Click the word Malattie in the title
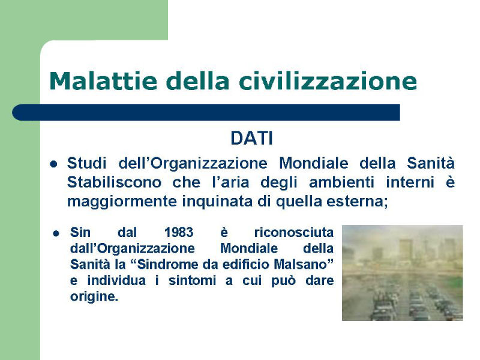103,81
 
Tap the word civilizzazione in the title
328,81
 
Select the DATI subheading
251,139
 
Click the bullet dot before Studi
53,164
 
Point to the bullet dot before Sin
56,233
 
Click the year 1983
179,232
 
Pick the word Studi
86,163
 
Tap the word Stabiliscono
114,182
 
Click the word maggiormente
122,202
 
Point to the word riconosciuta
294,232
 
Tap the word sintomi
192,280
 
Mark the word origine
94,296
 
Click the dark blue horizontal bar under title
206,112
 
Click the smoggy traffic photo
402,273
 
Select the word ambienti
341,182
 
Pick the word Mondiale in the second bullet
249,248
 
